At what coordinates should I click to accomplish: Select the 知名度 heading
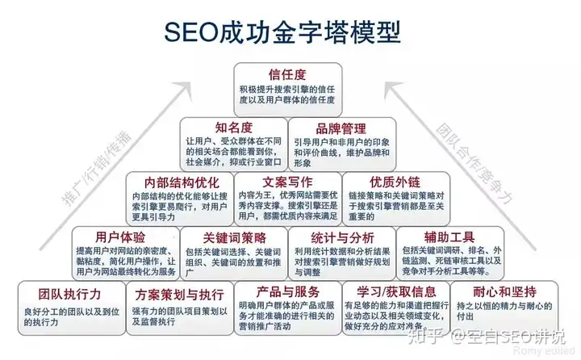234,128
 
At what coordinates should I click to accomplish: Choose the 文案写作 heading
288,182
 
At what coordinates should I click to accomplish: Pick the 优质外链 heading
396,182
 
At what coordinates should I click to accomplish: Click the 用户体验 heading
120,237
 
